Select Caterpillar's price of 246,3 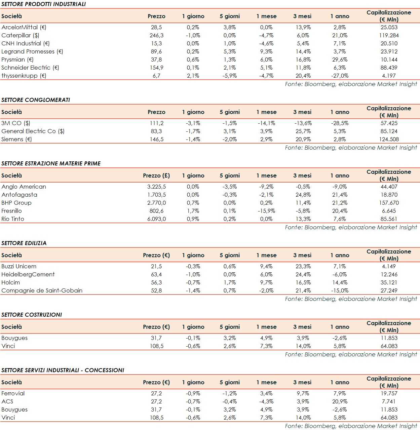[156, 35]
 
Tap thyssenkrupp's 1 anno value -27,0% [340, 76]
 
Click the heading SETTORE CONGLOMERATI [36, 100]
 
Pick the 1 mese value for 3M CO [266, 123]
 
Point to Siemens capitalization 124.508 [389, 139]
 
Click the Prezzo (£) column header [156, 175]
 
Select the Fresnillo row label [12, 211]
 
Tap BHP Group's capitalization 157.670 [389, 203]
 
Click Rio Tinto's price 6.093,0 [156, 219]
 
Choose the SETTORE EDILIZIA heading [24, 243]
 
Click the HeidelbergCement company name [28, 274]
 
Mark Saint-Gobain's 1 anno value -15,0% [340, 290]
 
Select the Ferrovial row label [13, 393]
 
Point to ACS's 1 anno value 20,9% [340, 401]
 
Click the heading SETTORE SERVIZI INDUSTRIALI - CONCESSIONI [63, 370]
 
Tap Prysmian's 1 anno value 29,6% [340, 60]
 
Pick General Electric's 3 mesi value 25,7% [303, 131]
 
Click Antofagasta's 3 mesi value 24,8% [303, 195]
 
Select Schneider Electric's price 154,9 [156, 68]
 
